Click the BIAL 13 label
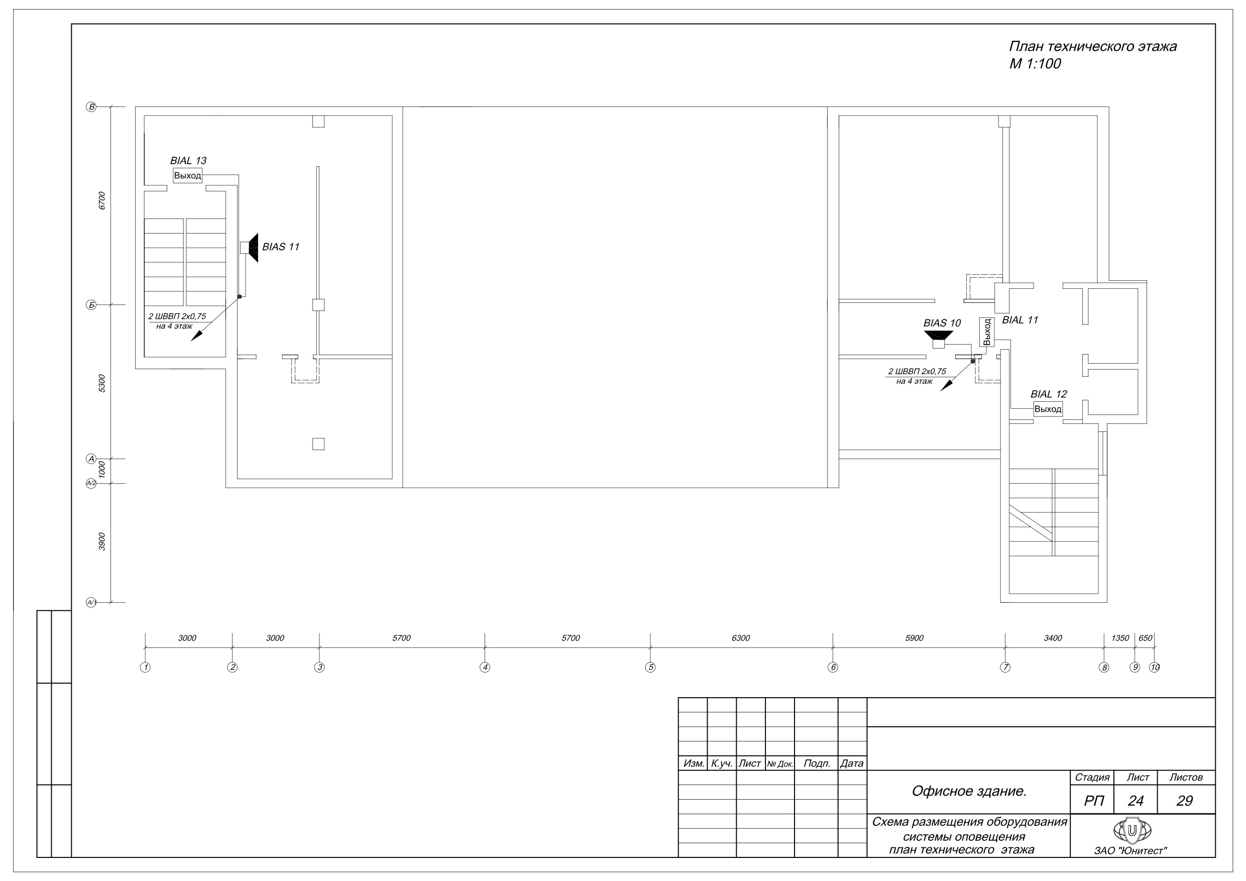[188, 161]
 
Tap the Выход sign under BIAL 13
[187, 176]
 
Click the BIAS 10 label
[942, 323]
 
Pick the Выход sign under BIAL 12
[1048, 409]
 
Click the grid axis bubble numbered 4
[485, 667]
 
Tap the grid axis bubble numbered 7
[1005, 667]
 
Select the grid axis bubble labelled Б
[91, 305]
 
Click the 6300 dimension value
[741, 638]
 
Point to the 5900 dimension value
[915, 638]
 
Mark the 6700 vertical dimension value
[102, 201]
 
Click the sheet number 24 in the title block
[1136, 801]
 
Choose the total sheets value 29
[1185, 801]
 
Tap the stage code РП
[1093, 801]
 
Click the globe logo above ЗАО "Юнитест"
[1132, 830]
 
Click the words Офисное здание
[969, 792]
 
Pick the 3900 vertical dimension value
[102, 542]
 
